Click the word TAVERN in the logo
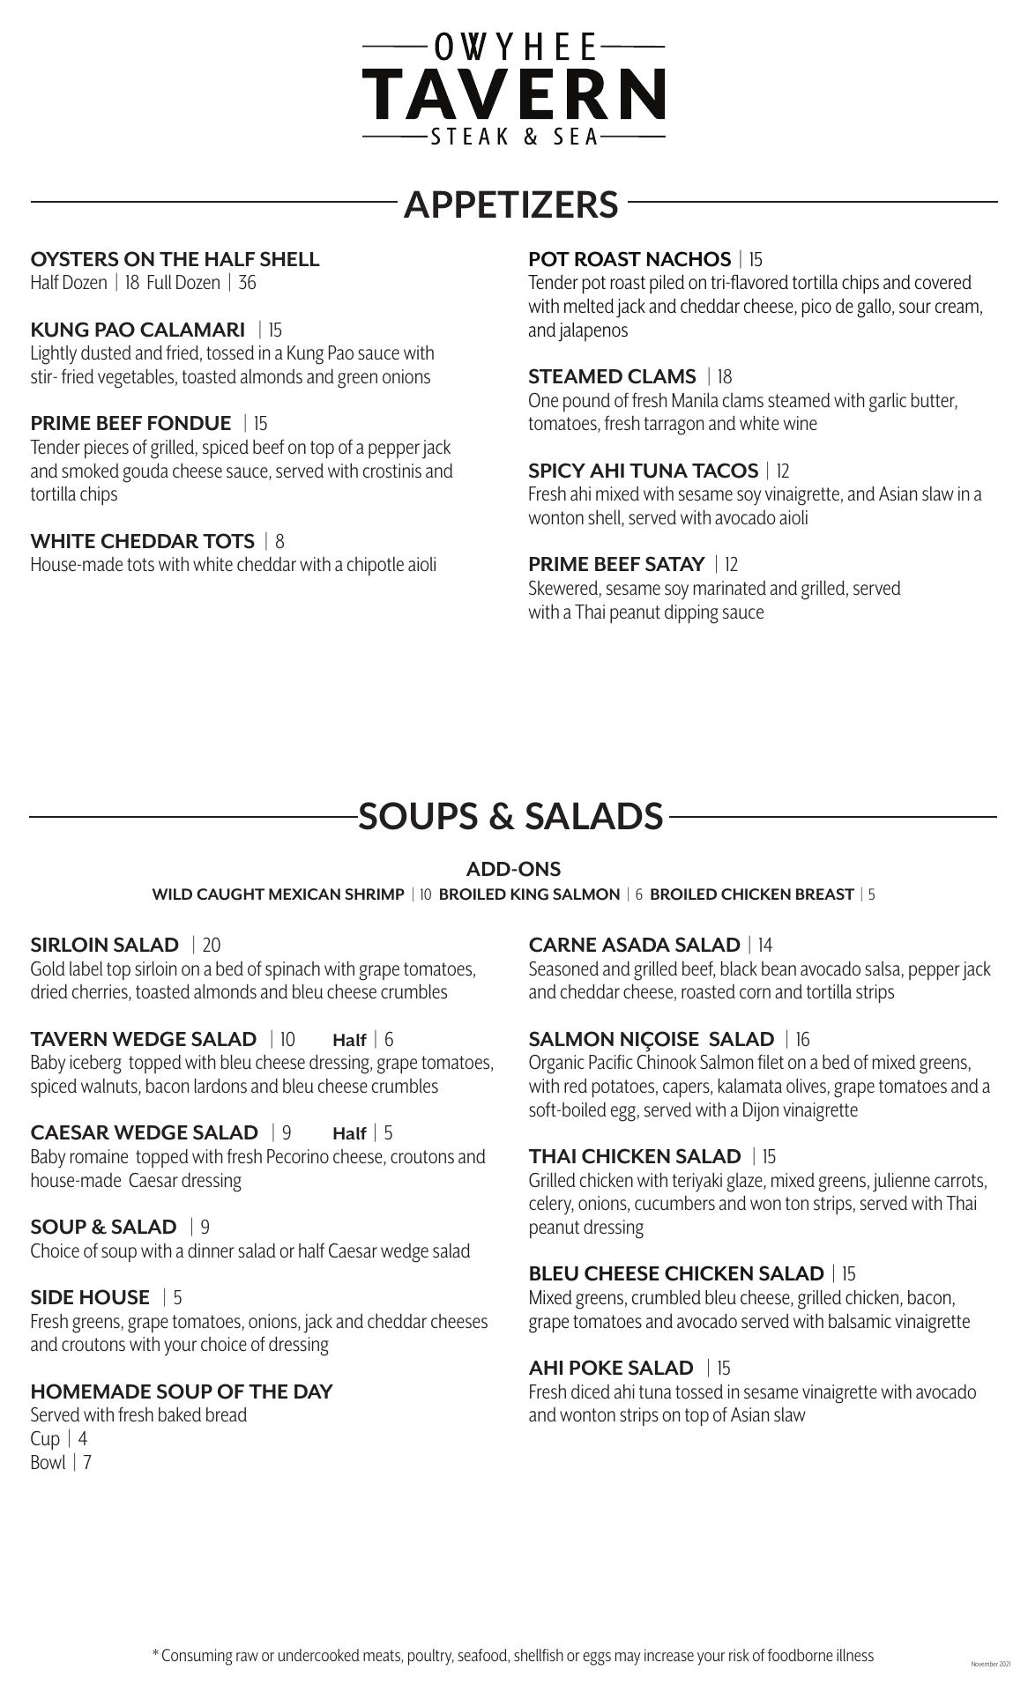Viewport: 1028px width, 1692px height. pyautogui.click(x=513, y=94)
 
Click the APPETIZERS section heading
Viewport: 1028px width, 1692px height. pyautogui.click(x=511, y=204)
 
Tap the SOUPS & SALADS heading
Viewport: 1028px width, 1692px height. pyautogui.click(x=510, y=817)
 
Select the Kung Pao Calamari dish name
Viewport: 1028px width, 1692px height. pyautogui.click(x=138, y=330)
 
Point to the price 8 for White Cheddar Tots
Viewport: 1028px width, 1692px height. pyautogui.click(x=279, y=541)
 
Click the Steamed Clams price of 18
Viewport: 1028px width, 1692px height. pyautogui.click(x=725, y=377)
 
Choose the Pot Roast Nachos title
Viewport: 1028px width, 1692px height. pyautogui.click(x=629, y=259)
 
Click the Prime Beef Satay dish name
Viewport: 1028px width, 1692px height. pyautogui.click(x=616, y=564)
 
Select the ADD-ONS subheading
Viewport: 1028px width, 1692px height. pyautogui.click(x=513, y=869)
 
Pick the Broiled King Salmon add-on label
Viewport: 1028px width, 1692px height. pyautogui.click(x=529, y=894)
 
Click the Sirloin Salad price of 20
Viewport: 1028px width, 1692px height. pyautogui.click(x=212, y=946)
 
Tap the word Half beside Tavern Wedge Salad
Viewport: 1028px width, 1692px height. pyautogui.click(x=349, y=1041)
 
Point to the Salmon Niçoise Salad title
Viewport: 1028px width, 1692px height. pyautogui.click(x=652, y=1040)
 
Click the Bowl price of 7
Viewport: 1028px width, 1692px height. pyautogui.click(x=87, y=1463)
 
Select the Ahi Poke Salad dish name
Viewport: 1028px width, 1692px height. pyautogui.click(x=611, y=1369)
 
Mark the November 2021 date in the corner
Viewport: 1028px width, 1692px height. pyautogui.click(x=990, y=1665)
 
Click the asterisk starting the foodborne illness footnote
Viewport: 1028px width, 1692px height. pyautogui.click(x=156, y=1655)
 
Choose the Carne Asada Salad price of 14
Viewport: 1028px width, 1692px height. pyautogui.click(x=764, y=946)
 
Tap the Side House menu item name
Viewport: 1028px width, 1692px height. pyautogui.click(x=90, y=1298)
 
